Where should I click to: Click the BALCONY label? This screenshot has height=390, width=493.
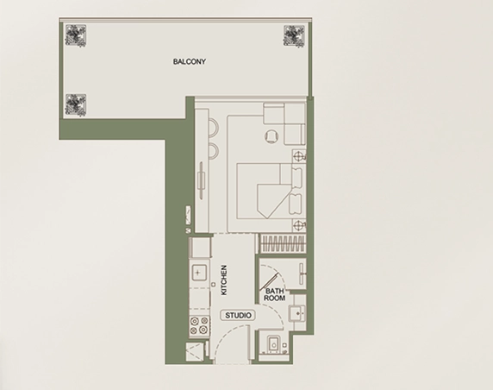click(x=188, y=63)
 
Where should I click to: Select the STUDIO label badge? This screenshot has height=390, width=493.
click(x=238, y=316)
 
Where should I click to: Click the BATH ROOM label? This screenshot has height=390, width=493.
click(x=274, y=295)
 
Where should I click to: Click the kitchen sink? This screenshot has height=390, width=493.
click(x=199, y=274)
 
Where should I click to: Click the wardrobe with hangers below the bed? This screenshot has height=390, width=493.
click(x=283, y=242)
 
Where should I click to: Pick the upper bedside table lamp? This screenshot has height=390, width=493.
click(x=299, y=157)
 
